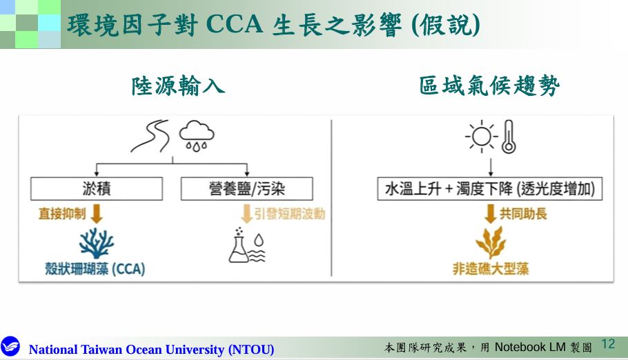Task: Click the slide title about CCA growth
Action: [273, 25]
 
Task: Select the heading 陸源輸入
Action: [178, 86]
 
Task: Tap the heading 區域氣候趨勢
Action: [489, 86]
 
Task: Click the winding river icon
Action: [150, 136]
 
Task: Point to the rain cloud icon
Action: [196, 136]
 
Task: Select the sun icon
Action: [481, 136]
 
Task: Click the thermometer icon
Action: [508, 137]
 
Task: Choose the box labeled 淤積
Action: [97, 188]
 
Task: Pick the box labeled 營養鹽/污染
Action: [247, 188]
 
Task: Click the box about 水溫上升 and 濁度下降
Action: [490, 188]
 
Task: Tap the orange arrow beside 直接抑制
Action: [97, 213]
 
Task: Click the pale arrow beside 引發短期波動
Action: [247, 213]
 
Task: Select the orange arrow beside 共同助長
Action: [490, 213]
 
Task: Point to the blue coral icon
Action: [97, 243]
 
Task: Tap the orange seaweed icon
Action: [491, 242]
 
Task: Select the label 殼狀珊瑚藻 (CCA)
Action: [95, 269]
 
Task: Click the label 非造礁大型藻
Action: [491, 269]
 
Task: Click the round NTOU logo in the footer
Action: [10, 347]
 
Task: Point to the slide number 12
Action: [608, 344]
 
